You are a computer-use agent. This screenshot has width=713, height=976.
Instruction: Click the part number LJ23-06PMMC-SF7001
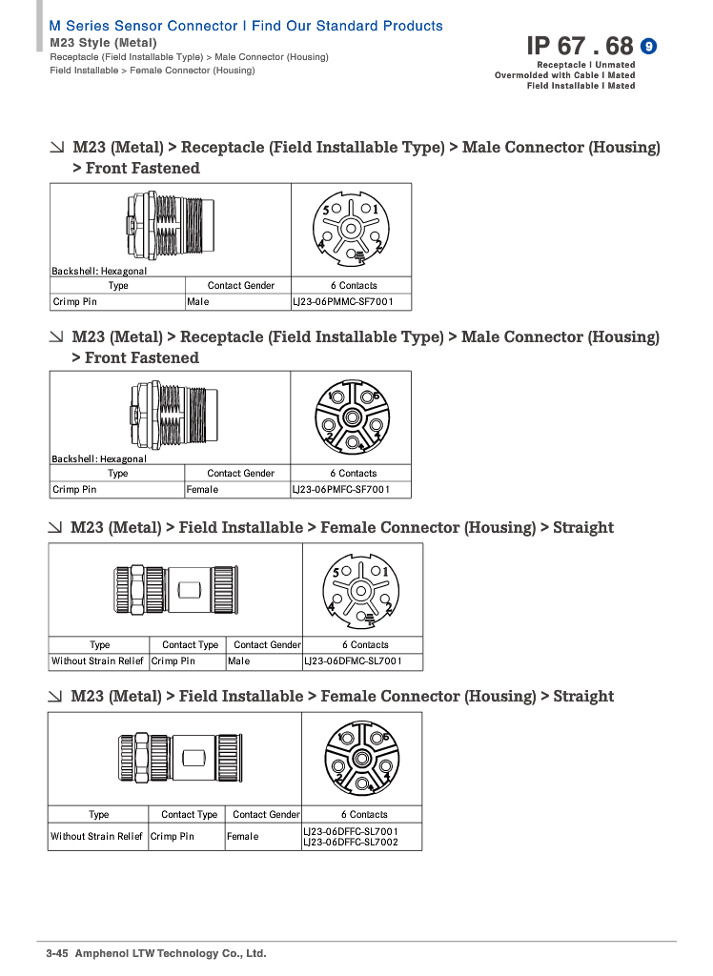342,302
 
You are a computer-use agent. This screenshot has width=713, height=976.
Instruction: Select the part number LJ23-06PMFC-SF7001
341,490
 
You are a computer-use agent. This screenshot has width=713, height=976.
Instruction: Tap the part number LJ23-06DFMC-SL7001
353,661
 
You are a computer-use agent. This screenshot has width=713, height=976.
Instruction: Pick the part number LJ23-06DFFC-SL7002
351,843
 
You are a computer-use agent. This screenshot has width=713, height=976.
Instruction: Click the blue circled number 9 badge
648,46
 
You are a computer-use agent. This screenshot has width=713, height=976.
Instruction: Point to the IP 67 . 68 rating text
580,46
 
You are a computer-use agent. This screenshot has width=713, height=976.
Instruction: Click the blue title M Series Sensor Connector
143,26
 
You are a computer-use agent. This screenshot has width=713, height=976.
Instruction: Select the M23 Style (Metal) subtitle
103,43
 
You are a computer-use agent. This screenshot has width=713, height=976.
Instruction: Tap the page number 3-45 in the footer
57,953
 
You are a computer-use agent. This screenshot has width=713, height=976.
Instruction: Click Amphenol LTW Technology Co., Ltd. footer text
171,953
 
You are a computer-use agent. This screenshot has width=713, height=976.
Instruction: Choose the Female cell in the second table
202,490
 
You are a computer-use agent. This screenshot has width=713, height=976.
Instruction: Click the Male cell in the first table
198,302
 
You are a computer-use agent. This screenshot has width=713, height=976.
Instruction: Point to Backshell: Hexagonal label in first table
99,271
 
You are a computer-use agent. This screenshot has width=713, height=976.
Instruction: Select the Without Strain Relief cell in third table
97,661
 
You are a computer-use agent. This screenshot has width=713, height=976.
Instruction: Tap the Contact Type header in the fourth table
190,814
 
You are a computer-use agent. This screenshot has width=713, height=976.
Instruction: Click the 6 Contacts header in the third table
365,645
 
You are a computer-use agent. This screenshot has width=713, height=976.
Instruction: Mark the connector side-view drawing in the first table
171,226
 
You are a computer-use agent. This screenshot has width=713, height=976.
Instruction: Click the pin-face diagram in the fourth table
362,759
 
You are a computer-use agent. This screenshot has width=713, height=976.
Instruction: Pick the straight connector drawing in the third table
176,589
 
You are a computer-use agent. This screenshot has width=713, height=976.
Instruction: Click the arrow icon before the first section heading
57,148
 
